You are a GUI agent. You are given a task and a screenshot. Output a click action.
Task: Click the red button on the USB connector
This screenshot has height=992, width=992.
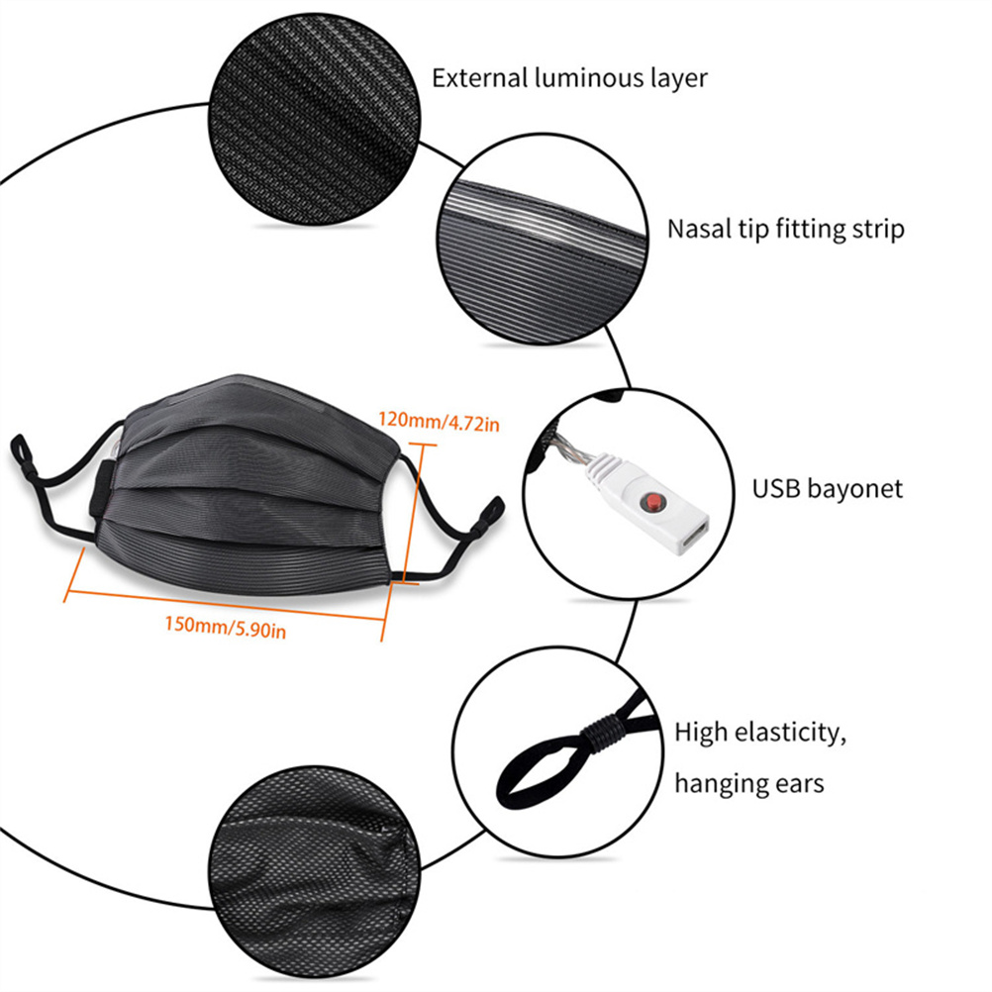[x=653, y=504]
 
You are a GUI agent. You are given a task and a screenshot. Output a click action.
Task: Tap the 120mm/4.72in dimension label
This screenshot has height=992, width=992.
[x=439, y=422]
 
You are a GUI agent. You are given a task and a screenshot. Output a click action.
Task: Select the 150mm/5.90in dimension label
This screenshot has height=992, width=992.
[x=226, y=627]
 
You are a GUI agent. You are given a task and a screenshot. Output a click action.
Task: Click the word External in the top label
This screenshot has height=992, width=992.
[x=480, y=78]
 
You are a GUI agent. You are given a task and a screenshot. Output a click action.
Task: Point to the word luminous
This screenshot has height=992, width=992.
[x=581, y=78]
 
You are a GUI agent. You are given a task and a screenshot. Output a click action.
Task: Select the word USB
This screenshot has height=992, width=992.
[x=776, y=488]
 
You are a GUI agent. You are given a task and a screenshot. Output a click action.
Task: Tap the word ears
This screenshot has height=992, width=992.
[x=797, y=784]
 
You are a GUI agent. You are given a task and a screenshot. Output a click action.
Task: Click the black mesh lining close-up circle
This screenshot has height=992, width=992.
[x=315, y=871]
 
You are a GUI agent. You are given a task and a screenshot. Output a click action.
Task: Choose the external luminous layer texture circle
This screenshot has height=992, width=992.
[x=315, y=119]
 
